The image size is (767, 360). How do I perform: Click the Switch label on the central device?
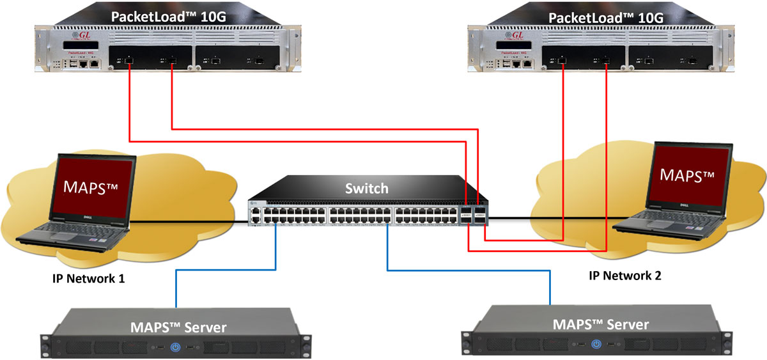point(366,188)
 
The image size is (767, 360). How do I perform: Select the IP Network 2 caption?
point(625,276)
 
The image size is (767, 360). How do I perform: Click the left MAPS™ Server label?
point(178,327)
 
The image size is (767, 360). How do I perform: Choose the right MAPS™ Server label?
point(600,324)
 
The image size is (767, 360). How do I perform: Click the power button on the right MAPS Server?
point(596,344)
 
